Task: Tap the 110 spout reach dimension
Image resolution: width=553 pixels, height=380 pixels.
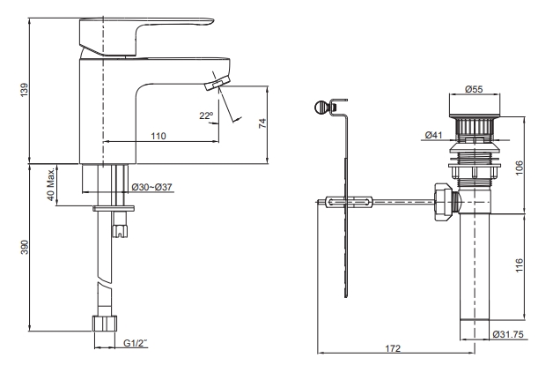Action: (158, 136)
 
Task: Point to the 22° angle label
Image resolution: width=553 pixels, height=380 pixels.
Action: (206, 116)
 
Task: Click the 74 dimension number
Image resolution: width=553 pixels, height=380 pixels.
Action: (262, 124)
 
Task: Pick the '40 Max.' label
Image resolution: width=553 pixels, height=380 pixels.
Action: (51, 183)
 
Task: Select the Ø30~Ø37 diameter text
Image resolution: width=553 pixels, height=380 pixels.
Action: (151, 188)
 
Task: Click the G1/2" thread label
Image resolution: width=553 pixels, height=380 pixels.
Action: (136, 343)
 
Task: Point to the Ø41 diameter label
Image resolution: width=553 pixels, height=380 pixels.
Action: (432, 135)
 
